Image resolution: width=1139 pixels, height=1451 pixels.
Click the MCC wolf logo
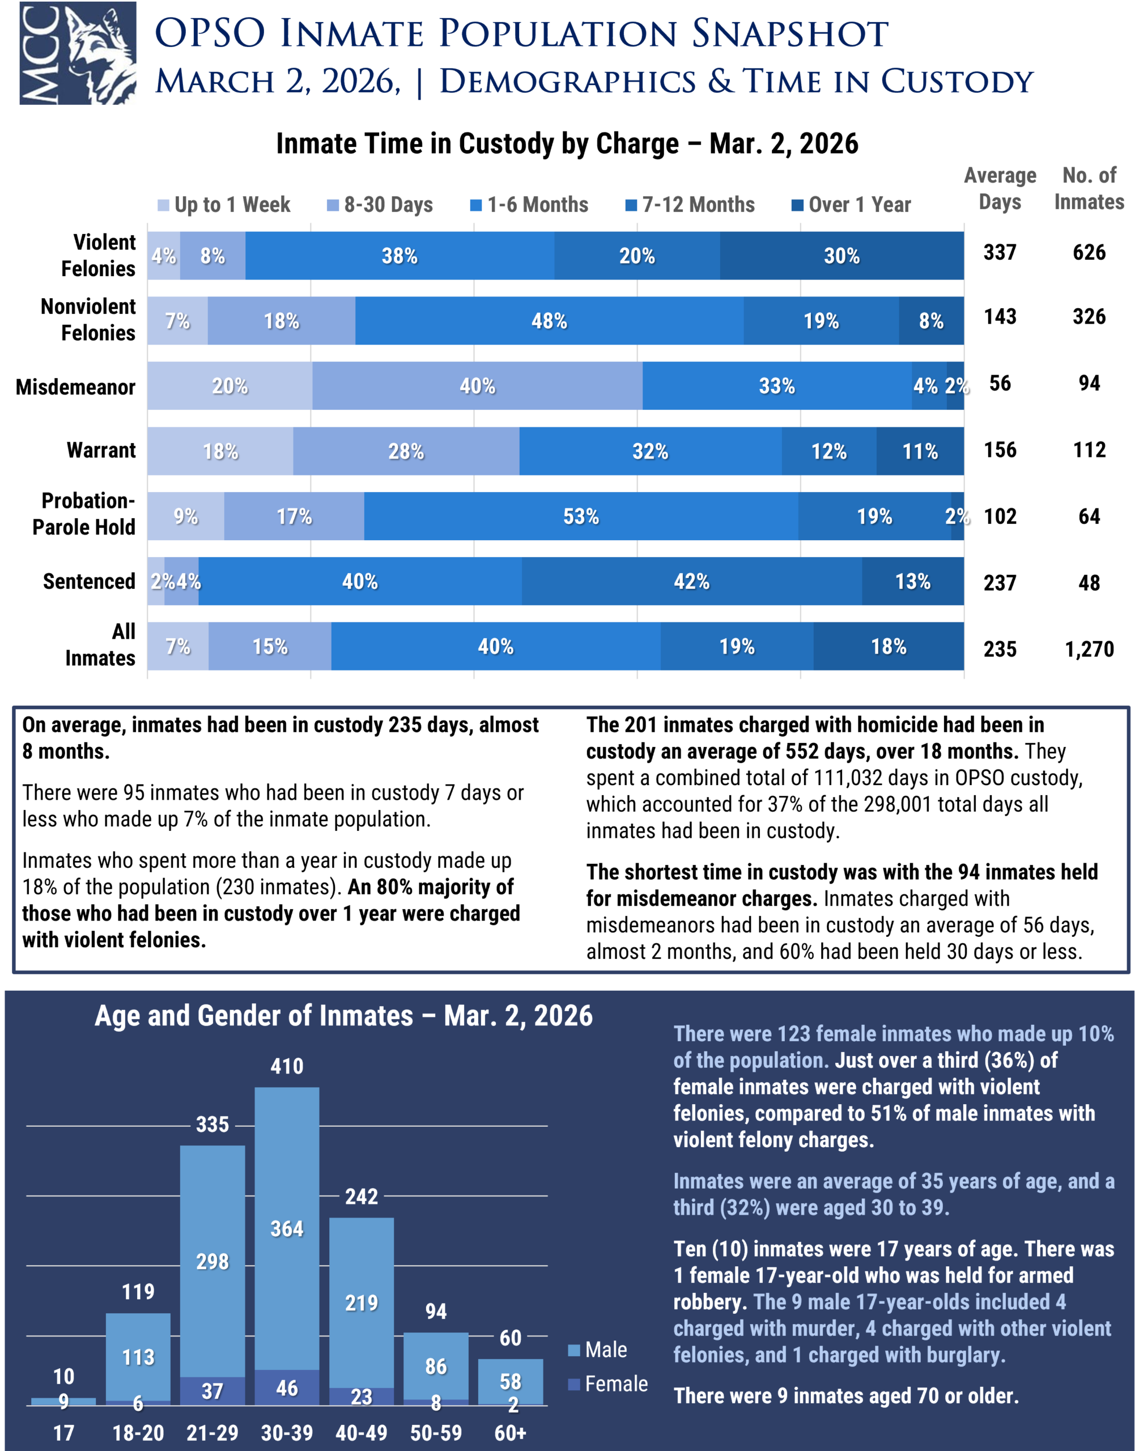click(78, 53)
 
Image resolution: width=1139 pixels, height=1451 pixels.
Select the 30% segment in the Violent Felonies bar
click(841, 256)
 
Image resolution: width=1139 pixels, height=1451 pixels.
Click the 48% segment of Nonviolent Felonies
click(549, 321)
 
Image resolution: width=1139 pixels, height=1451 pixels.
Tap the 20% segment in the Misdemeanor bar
click(229, 385)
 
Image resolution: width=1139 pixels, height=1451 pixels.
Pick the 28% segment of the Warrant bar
click(406, 451)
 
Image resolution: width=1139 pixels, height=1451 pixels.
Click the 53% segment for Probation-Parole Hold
click(581, 516)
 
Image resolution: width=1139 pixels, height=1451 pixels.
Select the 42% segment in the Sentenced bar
click(691, 581)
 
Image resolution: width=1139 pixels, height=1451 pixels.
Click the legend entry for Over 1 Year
click(851, 205)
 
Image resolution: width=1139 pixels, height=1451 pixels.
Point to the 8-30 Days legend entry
click(380, 205)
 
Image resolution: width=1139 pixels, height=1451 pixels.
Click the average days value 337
click(1000, 252)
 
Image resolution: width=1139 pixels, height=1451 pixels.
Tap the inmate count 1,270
click(1089, 649)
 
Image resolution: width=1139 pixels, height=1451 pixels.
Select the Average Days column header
click(1000, 189)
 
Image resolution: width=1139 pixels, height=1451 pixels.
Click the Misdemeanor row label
click(75, 387)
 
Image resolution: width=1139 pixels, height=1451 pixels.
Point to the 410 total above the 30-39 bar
click(287, 1066)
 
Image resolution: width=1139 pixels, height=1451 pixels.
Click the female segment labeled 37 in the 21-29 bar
click(212, 1390)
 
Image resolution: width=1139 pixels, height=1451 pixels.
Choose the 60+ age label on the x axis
click(510, 1433)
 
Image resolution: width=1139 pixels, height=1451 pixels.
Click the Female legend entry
click(607, 1384)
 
